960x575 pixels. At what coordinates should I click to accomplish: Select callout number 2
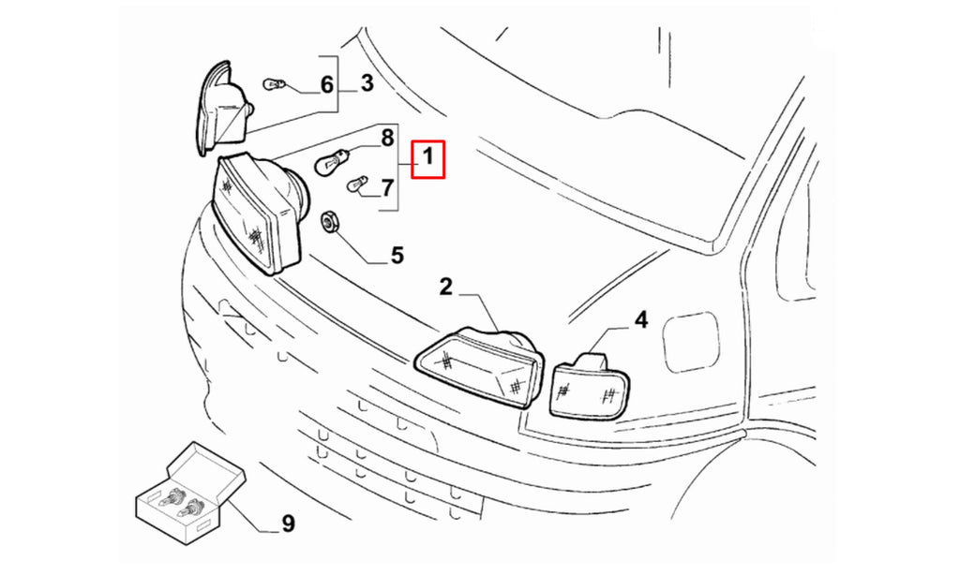click(x=445, y=287)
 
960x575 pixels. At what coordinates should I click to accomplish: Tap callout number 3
click(x=367, y=83)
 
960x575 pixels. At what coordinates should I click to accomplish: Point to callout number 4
click(x=640, y=320)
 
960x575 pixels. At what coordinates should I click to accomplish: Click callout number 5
click(x=397, y=255)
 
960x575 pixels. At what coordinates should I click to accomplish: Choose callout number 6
click(x=327, y=84)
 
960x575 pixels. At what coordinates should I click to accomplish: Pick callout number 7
click(x=387, y=188)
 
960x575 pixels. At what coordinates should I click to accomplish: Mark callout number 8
click(x=387, y=139)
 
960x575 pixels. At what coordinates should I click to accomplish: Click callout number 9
click(x=289, y=523)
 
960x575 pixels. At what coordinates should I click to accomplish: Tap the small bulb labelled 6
click(x=275, y=83)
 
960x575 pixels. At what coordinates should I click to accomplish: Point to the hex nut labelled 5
click(x=329, y=221)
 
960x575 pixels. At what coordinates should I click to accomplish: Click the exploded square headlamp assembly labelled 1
click(x=260, y=212)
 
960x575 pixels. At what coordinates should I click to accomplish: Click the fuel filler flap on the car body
click(x=691, y=341)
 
